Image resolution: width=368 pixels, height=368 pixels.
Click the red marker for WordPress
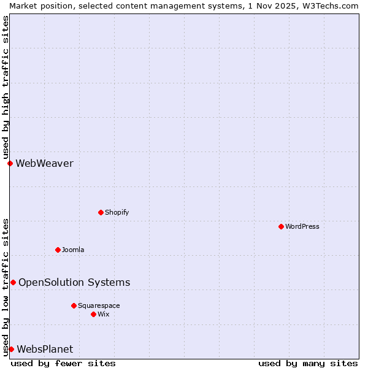[281, 226]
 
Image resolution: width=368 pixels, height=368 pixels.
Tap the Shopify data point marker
[101, 212]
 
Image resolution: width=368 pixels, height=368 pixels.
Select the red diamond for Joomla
[58, 250]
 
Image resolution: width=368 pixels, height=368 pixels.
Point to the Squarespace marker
[74, 305]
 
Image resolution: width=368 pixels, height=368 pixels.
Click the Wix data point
[93, 314]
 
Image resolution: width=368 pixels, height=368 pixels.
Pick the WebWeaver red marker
[10, 163]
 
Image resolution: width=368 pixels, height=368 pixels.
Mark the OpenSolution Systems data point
[13, 282]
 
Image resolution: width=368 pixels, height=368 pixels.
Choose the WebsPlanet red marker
[11, 349]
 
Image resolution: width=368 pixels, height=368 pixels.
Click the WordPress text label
[302, 226]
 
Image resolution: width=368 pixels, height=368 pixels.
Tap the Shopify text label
[117, 212]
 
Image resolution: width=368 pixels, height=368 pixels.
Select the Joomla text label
[73, 250]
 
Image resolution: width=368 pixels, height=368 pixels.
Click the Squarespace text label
[99, 305]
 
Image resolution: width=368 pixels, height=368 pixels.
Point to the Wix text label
[104, 314]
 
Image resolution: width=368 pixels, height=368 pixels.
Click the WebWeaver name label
[44, 163]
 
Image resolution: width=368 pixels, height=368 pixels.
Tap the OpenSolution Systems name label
[74, 282]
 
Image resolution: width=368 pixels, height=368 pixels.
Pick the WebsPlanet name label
[45, 349]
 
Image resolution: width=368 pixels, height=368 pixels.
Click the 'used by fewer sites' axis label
[63, 363]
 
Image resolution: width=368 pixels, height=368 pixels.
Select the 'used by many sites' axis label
[308, 363]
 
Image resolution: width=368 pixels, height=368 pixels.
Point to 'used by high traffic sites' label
[6, 87]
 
